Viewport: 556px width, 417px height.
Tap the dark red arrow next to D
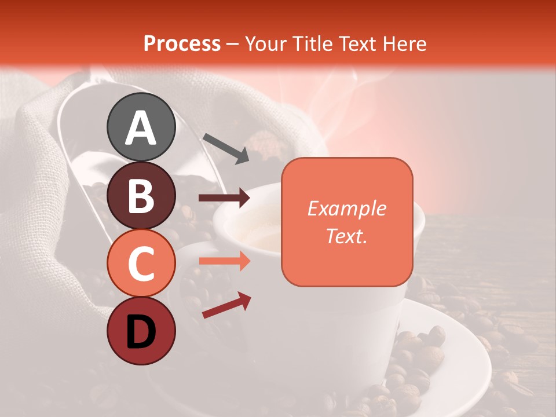pos(226,305)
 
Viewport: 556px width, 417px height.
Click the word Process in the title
pos(182,43)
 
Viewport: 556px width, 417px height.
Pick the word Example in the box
pos(347,209)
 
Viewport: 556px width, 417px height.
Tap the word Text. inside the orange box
pos(347,235)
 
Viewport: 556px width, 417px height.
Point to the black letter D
pos(141,333)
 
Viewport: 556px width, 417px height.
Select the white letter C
pos(141,264)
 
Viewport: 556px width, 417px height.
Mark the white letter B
pos(141,196)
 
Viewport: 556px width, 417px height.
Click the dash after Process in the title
pos(232,44)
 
